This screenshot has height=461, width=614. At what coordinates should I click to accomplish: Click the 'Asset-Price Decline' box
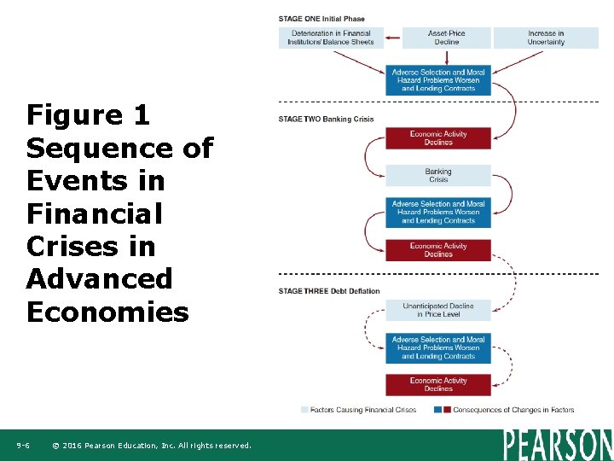446,38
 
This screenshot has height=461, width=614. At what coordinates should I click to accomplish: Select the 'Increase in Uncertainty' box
546,38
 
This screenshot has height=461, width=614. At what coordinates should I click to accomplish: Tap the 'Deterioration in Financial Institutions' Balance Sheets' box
332,38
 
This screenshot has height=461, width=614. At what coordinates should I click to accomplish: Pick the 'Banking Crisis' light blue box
438,175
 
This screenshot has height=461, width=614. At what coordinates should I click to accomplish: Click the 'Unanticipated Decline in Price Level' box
438,310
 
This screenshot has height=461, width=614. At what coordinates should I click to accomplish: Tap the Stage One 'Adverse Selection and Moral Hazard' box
438,80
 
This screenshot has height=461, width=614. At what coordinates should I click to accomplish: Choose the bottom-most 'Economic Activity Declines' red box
438,385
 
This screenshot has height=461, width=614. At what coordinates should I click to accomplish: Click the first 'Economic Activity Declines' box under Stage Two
438,138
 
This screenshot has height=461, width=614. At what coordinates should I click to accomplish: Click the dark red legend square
447,411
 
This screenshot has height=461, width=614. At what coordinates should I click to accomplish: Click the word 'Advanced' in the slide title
99,278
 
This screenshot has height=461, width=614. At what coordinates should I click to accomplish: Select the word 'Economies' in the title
107,312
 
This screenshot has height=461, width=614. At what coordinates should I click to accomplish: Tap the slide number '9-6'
23,446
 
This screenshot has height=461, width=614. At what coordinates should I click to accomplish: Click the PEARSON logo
557,445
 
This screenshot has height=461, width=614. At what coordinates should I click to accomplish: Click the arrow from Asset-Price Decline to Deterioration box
395,38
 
